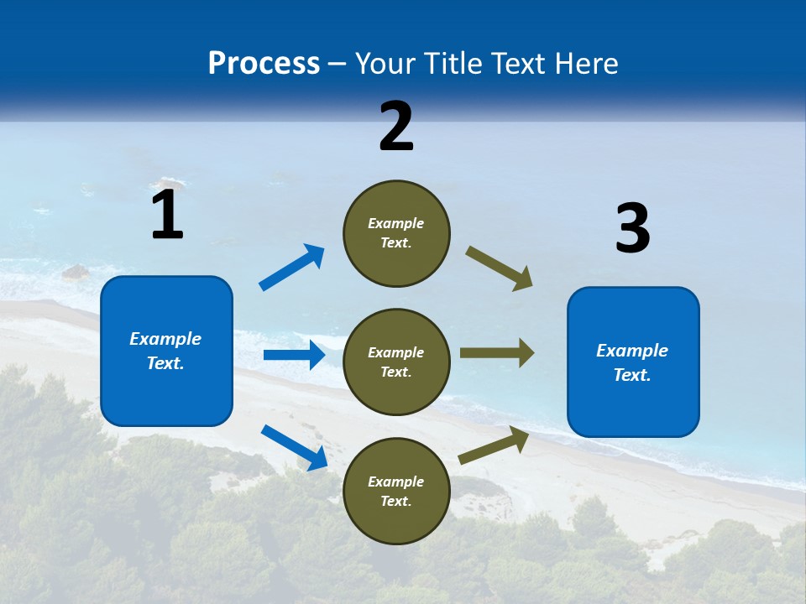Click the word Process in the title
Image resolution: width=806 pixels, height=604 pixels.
(264, 64)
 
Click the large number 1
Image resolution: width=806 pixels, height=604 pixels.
(167, 215)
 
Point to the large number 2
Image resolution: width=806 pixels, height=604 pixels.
(396, 127)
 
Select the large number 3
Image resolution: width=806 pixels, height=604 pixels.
(632, 228)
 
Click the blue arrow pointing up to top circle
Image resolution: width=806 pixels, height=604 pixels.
(292, 268)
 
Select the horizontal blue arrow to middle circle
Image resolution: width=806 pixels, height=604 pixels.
(294, 355)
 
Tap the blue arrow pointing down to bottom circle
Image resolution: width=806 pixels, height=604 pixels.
(295, 447)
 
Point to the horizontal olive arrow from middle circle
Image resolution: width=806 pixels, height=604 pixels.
(497, 353)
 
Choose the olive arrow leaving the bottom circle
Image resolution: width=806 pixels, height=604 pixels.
(494, 445)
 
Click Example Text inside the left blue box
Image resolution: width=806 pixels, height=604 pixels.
(165, 351)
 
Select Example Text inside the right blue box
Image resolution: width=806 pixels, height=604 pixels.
(632, 362)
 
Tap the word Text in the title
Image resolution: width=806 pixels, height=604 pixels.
(517, 64)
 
